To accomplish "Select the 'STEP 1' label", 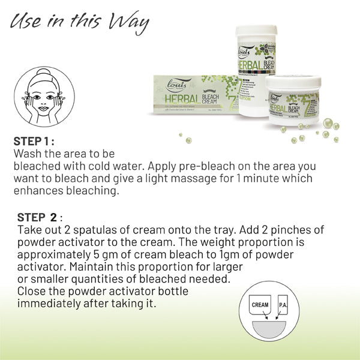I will pyautogui.click(x=34, y=142).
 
